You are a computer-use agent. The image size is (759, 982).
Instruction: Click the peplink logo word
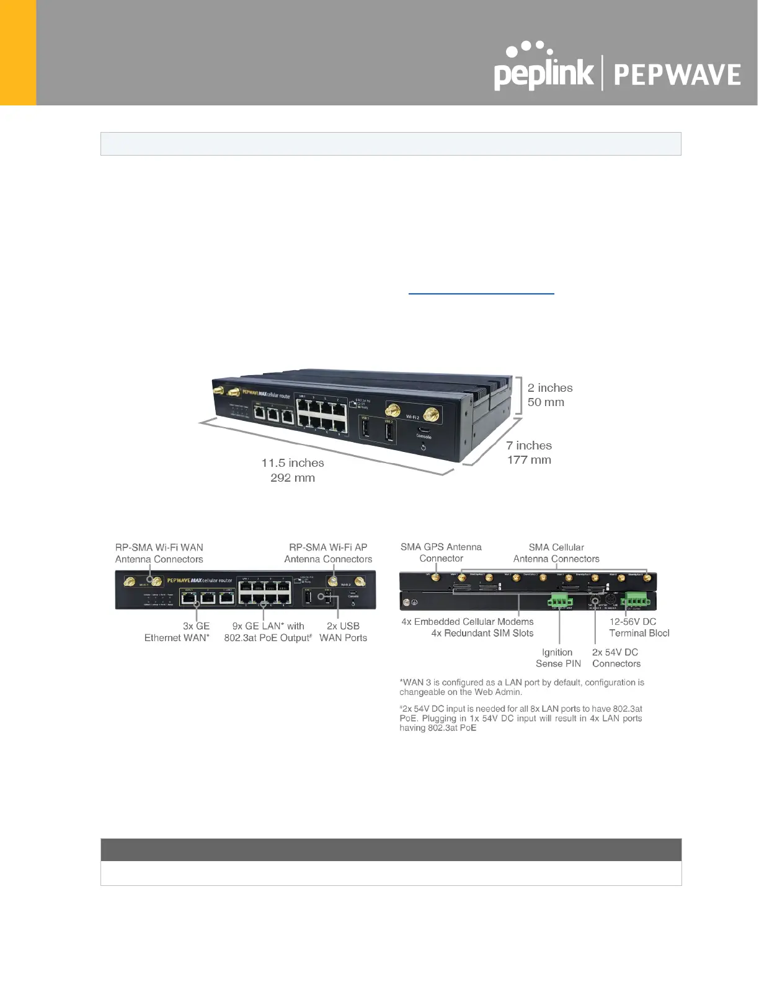coord(543,74)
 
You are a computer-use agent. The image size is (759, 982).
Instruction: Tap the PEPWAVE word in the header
coord(677,75)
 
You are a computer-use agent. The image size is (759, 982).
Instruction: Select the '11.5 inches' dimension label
coord(293,463)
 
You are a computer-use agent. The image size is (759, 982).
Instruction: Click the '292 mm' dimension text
coord(293,478)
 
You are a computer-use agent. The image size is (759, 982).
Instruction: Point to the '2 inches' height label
coord(550,388)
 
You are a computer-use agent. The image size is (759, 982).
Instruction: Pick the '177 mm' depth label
coord(529,460)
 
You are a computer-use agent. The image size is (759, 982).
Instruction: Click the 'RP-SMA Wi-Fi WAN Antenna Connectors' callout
coord(159,553)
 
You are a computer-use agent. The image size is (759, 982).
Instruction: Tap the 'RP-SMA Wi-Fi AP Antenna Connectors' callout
coord(328,553)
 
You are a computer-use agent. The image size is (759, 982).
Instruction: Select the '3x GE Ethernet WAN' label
coord(177,632)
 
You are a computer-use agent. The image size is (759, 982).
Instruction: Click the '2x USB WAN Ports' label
coord(343,632)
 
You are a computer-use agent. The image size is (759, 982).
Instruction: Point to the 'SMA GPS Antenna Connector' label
coord(441,552)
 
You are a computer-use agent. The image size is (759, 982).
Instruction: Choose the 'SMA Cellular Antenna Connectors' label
coord(556,553)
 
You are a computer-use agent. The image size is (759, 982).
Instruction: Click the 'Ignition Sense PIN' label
coord(558,658)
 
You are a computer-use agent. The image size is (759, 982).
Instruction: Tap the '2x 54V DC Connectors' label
coord(616,658)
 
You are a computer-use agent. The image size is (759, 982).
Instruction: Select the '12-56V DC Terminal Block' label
coord(639,627)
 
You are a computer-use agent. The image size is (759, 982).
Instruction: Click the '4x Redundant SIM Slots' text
coord(482,633)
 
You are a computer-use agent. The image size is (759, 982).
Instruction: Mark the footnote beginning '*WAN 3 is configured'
coord(522,687)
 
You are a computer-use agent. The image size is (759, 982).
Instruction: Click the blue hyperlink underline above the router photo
coord(481,293)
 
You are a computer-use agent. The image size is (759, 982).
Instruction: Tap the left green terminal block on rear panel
coord(560,600)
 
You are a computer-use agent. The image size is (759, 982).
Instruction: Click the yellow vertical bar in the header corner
coord(18,53)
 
